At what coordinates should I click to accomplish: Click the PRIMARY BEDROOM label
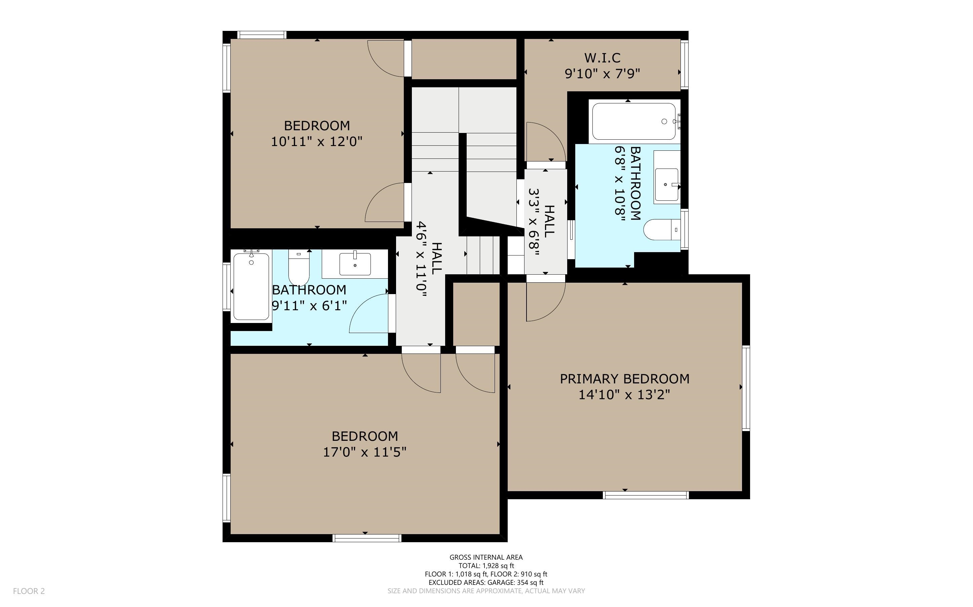(625, 379)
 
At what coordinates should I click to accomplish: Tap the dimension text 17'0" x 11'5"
(364, 452)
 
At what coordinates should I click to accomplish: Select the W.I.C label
(602, 58)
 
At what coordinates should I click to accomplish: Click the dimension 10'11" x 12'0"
(317, 141)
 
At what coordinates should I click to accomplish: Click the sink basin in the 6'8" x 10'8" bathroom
(666, 185)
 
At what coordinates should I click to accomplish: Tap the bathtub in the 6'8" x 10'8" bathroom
(634, 121)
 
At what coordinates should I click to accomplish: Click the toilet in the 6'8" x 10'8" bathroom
(661, 230)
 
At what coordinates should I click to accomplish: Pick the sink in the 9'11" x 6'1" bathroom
(355, 264)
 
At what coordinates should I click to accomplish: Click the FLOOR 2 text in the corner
(29, 591)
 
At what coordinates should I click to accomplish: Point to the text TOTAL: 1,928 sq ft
(486, 566)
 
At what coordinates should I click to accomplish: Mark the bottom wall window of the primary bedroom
(646, 495)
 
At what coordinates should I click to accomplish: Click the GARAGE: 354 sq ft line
(486, 582)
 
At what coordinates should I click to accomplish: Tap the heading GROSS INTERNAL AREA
(486, 557)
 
